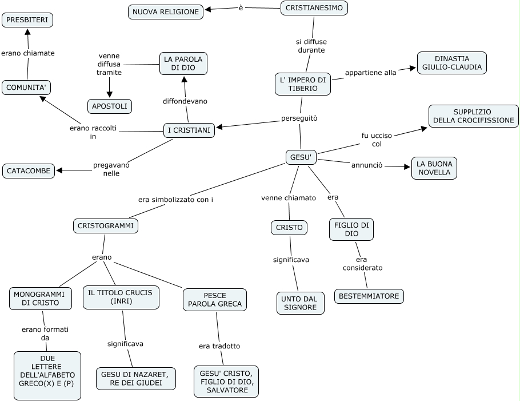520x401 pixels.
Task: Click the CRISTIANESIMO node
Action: pos(314,9)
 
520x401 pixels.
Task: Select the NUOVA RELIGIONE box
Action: pos(166,11)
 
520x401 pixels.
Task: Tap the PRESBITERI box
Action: pos(27,21)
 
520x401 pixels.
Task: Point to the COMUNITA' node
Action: pos(26,88)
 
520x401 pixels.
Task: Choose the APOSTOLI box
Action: pos(110,106)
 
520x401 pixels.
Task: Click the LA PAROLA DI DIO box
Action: pos(183,63)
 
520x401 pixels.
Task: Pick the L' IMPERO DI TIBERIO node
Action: pos(302,84)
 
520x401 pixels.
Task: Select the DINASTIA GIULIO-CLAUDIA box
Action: pos(451,63)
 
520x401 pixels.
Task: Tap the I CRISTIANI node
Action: pos(189,130)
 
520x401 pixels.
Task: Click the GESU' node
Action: pos(300,157)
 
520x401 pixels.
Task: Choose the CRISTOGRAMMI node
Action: pos(106,226)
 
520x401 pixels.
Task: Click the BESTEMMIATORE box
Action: pos(369,296)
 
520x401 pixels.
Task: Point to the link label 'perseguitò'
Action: pos(299,118)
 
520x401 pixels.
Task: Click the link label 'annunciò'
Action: pos(366,165)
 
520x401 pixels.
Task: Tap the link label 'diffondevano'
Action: pos(185,101)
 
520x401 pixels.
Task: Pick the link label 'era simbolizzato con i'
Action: pos(179,200)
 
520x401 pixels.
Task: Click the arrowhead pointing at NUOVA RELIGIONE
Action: pos(208,9)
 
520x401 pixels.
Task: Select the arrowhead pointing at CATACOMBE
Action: pos(59,170)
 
